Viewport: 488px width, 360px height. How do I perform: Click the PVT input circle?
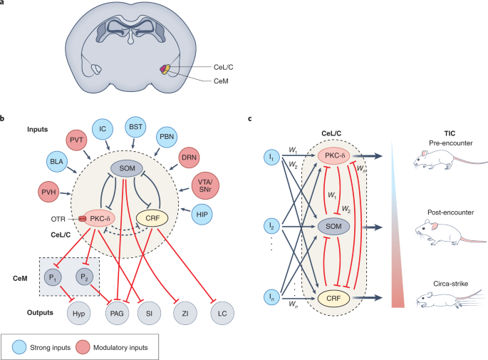coord(76,140)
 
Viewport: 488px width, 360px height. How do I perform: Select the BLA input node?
coord(57,162)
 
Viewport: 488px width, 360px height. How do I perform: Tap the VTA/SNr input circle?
coord(205,185)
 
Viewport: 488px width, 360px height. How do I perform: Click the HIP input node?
coord(202,215)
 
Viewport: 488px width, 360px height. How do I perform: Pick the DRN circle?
coord(190,158)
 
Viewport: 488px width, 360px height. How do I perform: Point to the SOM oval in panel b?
coord(127,168)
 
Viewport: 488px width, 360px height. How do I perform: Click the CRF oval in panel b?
coord(152,218)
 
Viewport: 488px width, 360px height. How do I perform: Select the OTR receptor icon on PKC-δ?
coord(82,219)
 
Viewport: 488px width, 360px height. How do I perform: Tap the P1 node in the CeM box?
coord(53,277)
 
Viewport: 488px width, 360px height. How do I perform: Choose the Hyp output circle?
coord(79,313)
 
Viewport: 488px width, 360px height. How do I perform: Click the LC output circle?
coord(222,313)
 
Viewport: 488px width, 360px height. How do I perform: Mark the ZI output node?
coord(185,313)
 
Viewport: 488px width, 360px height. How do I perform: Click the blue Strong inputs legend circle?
coord(19,347)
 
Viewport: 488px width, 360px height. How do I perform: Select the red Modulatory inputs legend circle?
coord(83,347)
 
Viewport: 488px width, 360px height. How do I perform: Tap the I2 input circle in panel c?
coord(271,226)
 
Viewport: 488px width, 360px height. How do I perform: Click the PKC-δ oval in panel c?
coord(333,155)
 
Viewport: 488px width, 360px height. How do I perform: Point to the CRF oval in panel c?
coord(333,299)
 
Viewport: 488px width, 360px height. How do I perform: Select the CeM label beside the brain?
coord(221,81)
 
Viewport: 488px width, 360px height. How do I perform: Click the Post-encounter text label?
coord(451,212)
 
